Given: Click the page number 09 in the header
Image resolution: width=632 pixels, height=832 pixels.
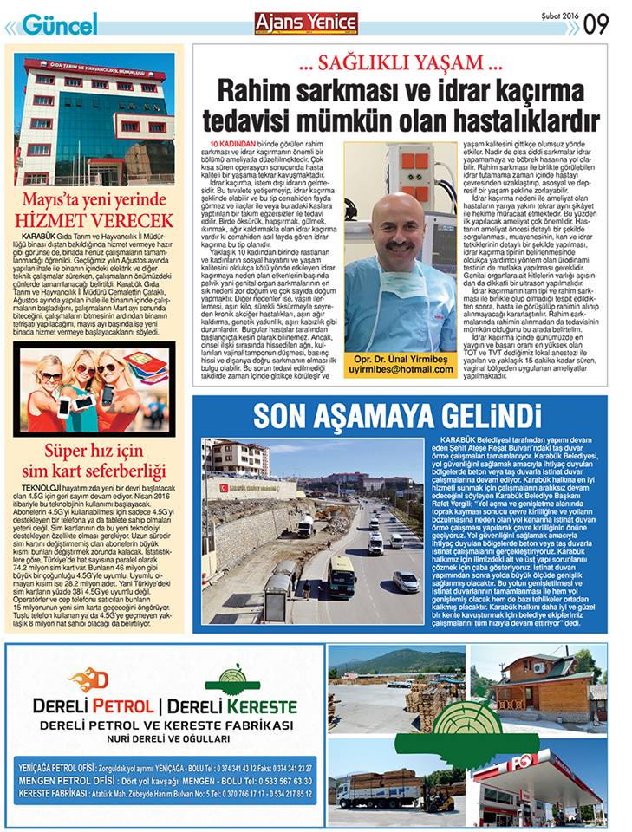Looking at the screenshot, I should coord(596,23).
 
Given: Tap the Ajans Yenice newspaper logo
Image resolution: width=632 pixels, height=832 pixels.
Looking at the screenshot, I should coord(306,23).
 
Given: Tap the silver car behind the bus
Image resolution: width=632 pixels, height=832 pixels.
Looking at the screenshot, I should coord(406,581).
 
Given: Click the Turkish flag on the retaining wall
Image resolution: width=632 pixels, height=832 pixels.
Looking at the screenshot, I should coord(223,488).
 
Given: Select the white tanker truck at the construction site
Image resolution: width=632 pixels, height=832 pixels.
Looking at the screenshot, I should coord(305,525).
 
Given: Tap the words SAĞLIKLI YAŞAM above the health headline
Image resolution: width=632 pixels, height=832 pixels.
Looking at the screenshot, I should coord(401,62).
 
